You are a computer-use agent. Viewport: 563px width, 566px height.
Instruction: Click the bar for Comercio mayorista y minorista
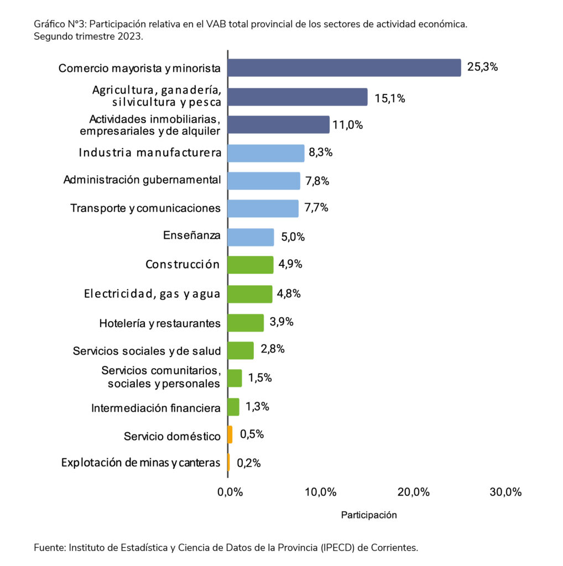pyautogui.click(x=344, y=67)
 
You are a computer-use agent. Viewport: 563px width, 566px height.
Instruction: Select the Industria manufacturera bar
pyautogui.click(x=266, y=153)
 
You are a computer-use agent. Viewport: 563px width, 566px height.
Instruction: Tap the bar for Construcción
pyautogui.click(x=251, y=265)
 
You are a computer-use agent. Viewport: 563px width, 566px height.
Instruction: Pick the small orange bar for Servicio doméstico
pyautogui.click(x=230, y=434)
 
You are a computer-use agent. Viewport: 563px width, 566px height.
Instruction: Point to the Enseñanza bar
pyautogui.click(x=251, y=237)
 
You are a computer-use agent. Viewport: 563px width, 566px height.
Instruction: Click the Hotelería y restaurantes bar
pyautogui.click(x=246, y=322)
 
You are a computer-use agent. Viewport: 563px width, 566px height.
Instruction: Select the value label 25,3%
pyautogui.click(x=483, y=67)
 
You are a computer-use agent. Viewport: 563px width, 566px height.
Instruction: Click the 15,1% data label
pyautogui.click(x=390, y=98)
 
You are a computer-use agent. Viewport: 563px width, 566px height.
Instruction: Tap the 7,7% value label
pyautogui.click(x=316, y=208)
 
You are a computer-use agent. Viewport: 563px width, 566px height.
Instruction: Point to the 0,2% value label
pyautogui.click(x=249, y=463)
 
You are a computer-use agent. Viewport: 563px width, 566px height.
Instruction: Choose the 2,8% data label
pyautogui.click(x=273, y=349)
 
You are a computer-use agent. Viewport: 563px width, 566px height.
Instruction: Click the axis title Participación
pyautogui.click(x=369, y=515)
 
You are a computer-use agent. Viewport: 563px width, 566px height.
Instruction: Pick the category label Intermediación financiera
pyautogui.click(x=156, y=408)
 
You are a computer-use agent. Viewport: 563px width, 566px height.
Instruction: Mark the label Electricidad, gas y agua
pyautogui.click(x=152, y=294)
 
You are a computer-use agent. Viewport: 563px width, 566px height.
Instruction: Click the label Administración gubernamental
pyautogui.click(x=142, y=180)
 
